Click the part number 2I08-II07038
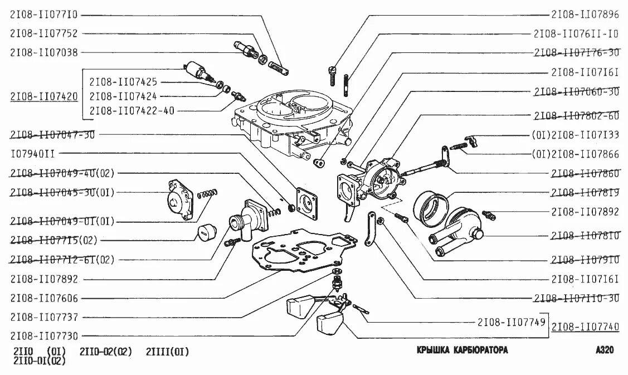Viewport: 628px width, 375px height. coord(43,52)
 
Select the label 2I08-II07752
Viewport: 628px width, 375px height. coord(43,33)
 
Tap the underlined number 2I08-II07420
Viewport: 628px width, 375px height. coord(43,96)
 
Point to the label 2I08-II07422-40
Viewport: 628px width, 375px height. coord(132,111)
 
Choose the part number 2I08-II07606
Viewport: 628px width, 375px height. coord(43,298)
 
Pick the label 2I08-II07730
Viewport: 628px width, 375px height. coord(43,336)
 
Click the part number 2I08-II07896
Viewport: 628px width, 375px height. coord(585,15)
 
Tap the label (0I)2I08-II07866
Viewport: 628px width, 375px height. coord(575,153)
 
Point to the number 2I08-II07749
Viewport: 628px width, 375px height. coord(511,322)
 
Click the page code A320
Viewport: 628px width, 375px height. coord(604,350)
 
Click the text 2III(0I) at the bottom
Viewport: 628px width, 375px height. coord(167,352)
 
